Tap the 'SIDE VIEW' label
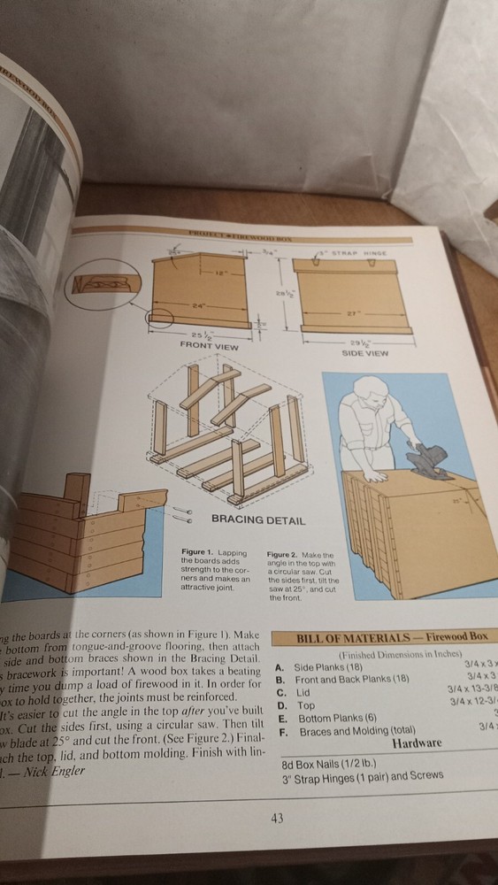tap(364, 352)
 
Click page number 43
tap(277, 818)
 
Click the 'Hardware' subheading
tap(417, 743)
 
